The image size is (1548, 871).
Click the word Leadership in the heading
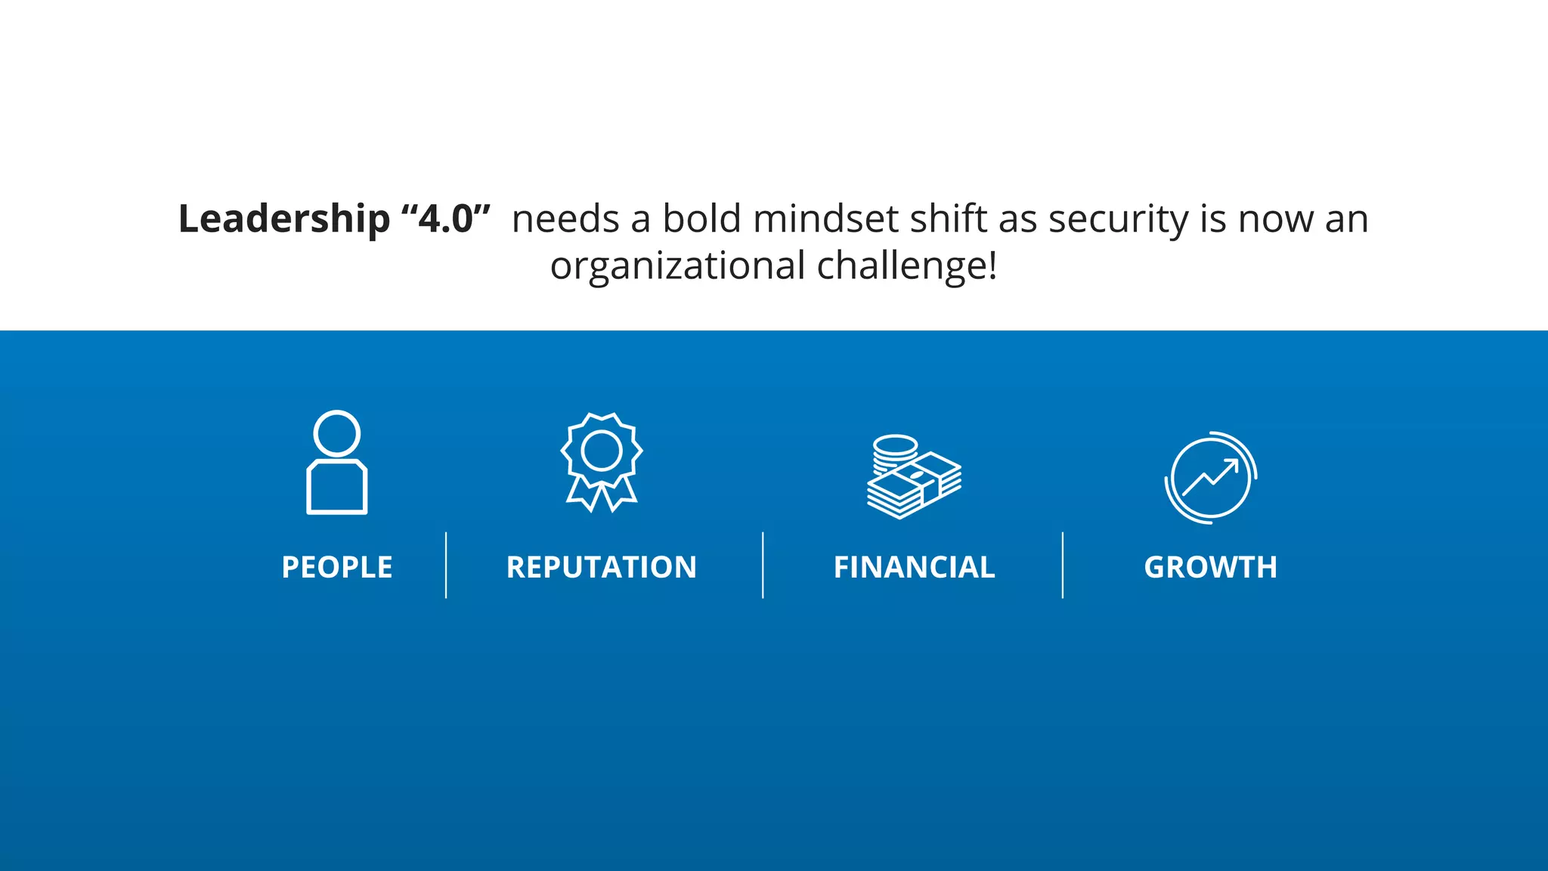pyautogui.click(x=283, y=219)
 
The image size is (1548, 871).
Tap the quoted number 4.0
pyautogui.click(x=446, y=219)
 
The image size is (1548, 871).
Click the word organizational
pyautogui.click(x=677, y=267)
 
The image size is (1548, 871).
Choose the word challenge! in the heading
pyautogui.click(x=907, y=266)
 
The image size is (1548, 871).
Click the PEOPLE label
pyautogui.click(x=337, y=567)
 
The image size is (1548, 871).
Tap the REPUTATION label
pyautogui.click(x=602, y=567)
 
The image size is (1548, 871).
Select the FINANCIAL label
pyautogui.click(x=914, y=567)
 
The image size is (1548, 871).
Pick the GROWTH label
pyautogui.click(x=1210, y=567)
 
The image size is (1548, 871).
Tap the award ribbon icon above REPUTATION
pyautogui.click(x=602, y=461)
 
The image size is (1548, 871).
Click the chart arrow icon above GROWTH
pyautogui.click(x=1210, y=477)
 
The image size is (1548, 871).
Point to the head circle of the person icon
pyautogui.click(x=337, y=433)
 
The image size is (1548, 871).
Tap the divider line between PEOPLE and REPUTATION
pyautogui.click(x=446, y=565)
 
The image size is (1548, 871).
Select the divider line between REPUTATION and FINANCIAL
pyautogui.click(x=763, y=565)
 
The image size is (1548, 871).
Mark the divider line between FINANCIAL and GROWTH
pyautogui.click(x=1062, y=565)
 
